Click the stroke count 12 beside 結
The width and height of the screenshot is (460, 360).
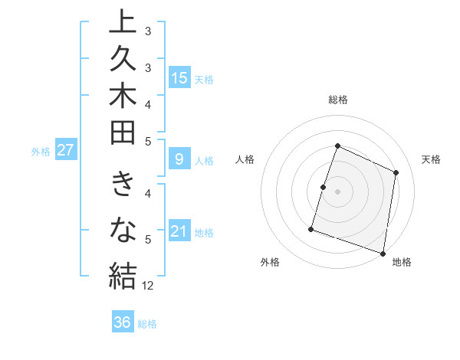pos(148,286)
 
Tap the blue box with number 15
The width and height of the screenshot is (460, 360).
pos(179,77)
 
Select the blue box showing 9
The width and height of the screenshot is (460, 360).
pos(179,159)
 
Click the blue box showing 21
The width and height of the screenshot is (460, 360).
pos(179,231)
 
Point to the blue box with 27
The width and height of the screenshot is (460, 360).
pos(66,150)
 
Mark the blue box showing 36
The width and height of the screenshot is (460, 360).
pos(123,322)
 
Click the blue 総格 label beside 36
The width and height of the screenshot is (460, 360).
pos(147,324)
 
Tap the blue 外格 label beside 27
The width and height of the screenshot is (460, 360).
pos(41,152)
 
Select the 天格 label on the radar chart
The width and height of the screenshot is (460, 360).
pos(431,159)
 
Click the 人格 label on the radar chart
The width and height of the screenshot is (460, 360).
pos(245,159)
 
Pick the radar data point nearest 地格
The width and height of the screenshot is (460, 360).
pos(383,253)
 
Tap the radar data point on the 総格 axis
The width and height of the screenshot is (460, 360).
pos(337,146)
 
